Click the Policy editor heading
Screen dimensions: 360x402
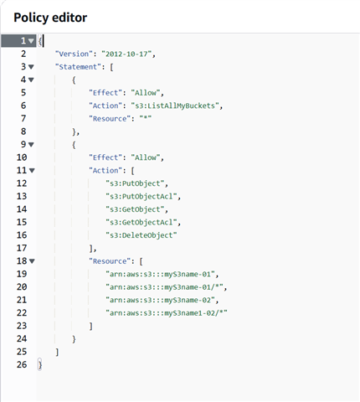pyautogui.click(x=50, y=18)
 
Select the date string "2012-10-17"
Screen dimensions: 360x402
pyautogui.click(x=126, y=54)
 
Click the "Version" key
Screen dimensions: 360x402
pyautogui.click(x=74, y=54)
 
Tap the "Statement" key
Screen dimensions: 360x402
pyautogui.click(x=78, y=67)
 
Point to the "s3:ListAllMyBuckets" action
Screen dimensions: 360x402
pyautogui.click(x=175, y=106)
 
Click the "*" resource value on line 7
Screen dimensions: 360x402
pyautogui.click(x=146, y=119)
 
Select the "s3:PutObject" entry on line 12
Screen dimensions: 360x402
pyautogui.click(x=135, y=183)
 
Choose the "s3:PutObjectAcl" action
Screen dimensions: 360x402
pyautogui.click(x=141, y=197)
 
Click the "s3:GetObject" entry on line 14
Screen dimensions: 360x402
pyautogui.click(x=135, y=209)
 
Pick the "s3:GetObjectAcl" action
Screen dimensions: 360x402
pyautogui.click(x=141, y=223)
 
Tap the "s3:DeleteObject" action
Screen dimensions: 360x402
pyautogui.click(x=141, y=235)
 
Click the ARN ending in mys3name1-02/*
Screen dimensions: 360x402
pyautogui.click(x=167, y=313)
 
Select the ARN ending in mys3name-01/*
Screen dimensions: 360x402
pyautogui.click(x=164, y=287)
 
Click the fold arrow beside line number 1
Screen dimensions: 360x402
pyautogui.click(x=31, y=41)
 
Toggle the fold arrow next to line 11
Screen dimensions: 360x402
pyautogui.click(x=32, y=171)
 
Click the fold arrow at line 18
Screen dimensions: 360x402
pyautogui.click(x=32, y=261)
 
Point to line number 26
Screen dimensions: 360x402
pyautogui.click(x=22, y=364)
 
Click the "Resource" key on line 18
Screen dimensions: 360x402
pyautogui.click(x=110, y=261)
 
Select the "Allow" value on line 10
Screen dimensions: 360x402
pyautogui.click(x=146, y=157)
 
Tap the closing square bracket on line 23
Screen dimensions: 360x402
pyautogui.click(x=90, y=326)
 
